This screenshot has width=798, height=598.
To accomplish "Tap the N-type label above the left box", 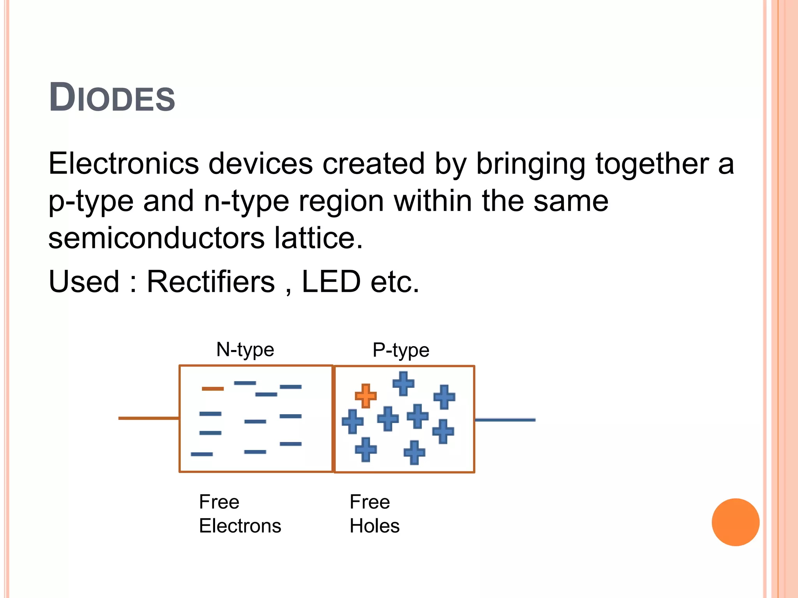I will tap(245, 350).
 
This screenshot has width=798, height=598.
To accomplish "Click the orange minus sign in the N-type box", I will tap(213, 389).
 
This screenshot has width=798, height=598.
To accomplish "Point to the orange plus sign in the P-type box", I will tap(365, 396).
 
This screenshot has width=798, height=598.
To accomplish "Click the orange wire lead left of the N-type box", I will tap(148, 418).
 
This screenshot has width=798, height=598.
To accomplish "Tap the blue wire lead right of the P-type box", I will tap(505, 420).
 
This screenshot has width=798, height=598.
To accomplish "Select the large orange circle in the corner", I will tap(735, 522).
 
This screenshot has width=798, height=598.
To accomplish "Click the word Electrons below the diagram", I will tap(240, 526).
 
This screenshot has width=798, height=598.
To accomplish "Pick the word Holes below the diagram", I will tap(374, 526).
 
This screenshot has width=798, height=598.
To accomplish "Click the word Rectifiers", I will tap(210, 281).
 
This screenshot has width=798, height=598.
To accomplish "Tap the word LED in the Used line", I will tap(331, 281).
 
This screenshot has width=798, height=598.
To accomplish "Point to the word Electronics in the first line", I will tap(124, 164).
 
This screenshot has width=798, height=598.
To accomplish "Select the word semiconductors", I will tap(156, 238).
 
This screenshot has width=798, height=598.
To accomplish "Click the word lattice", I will tap(318, 238).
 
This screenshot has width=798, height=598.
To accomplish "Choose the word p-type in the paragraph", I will tap(91, 202).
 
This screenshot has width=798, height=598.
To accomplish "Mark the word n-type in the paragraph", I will tap(247, 202).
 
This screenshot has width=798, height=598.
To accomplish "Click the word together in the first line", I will tap(652, 164).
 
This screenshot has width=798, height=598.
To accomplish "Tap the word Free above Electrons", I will tap(219, 502).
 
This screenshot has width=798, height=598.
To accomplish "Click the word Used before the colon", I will tap(84, 281).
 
